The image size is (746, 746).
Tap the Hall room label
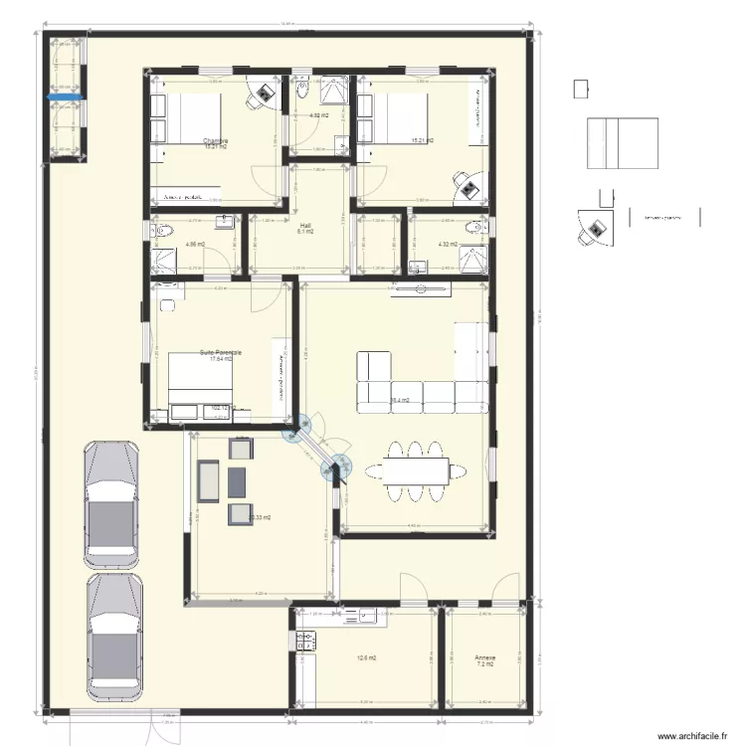pyautogui.click(x=305, y=226)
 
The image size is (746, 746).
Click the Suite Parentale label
pyautogui.click(x=221, y=352)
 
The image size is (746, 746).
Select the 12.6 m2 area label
pyautogui.click(x=366, y=657)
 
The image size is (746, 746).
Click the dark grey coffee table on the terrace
pyautogui.click(x=237, y=481)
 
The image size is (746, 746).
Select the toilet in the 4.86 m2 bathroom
pyautogui.click(x=161, y=231)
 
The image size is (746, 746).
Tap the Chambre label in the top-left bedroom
pyautogui.click(x=216, y=141)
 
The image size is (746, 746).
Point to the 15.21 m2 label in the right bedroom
pyautogui.click(x=421, y=140)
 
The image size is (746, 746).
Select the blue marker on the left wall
pyautogui.click(x=50, y=97)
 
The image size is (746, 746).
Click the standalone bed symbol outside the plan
pyautogui.click(x=622, y=144)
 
